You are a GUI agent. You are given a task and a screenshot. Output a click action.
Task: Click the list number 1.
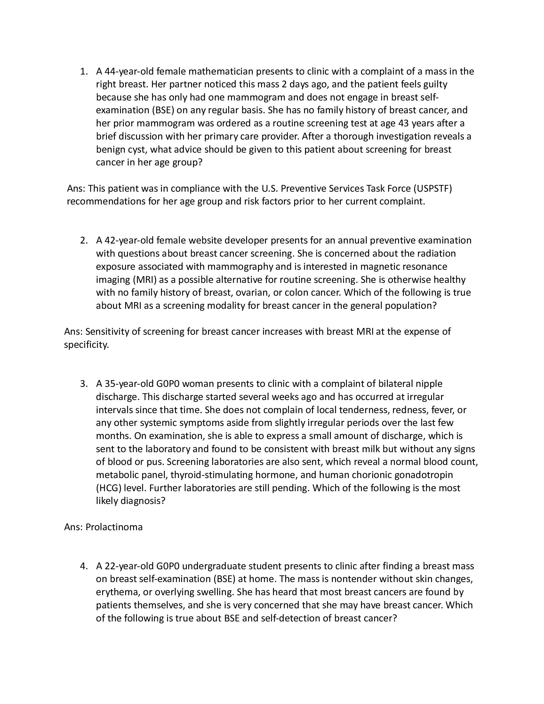tap(83, 71)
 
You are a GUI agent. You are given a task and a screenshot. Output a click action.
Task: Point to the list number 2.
tap(83, 240)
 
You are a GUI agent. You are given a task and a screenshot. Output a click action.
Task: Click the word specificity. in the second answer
tap(86, 345)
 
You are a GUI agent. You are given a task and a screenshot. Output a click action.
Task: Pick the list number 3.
tap(83, 384)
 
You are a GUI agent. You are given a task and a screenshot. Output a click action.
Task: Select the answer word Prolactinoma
tap(114, 527)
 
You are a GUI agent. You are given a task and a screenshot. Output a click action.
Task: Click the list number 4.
tap(83, 566)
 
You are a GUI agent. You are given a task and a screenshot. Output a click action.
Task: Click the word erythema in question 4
tap(118, 592)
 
